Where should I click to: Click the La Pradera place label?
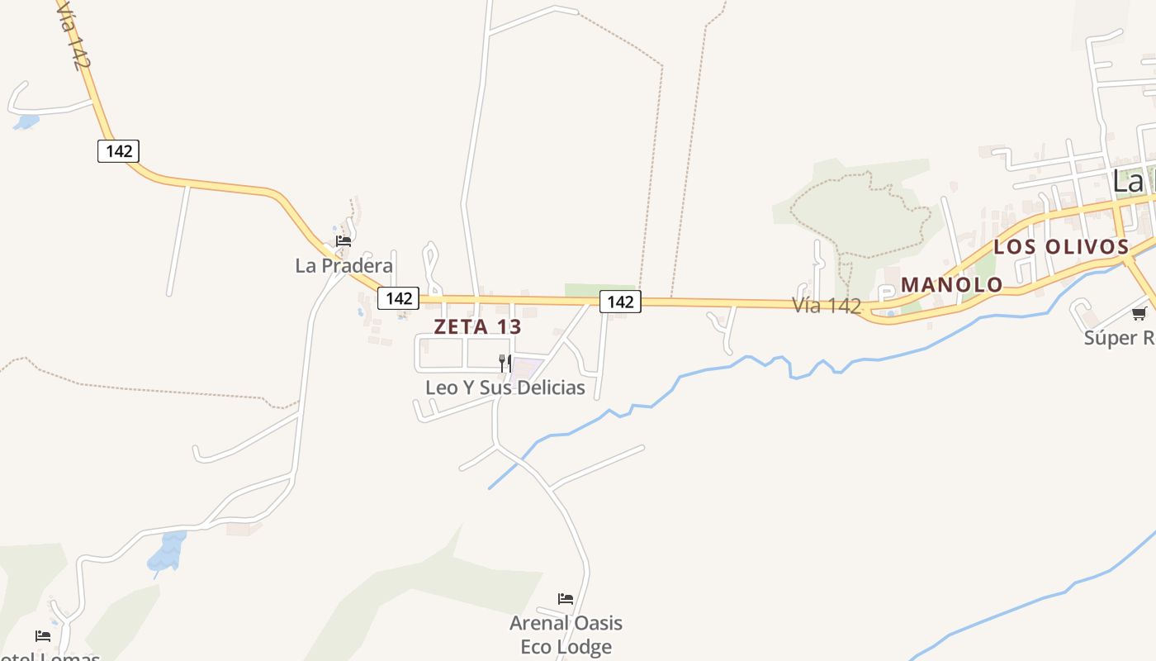click(343, 265)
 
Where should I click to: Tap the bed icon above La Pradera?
click(343, 241)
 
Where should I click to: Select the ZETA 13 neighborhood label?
click(477, 326)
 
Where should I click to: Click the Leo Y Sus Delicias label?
click(505, 388)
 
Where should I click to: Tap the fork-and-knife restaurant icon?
click(505, 363)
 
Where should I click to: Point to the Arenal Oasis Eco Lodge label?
click(566, 635)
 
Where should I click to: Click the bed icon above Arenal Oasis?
click(566, 599)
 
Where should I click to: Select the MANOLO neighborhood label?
click(951, 285)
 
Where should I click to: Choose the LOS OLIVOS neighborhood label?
click(1060, 246)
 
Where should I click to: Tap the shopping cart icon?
click(1139, 313)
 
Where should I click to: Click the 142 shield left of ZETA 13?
click(399, 298)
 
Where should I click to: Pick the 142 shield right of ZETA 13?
click(620, 302)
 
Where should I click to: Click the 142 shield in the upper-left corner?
click(118, 151)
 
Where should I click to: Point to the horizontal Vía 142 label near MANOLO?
click(827, 306)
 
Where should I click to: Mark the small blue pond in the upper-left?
click(26, 122)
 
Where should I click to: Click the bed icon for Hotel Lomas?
click(43, 636)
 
